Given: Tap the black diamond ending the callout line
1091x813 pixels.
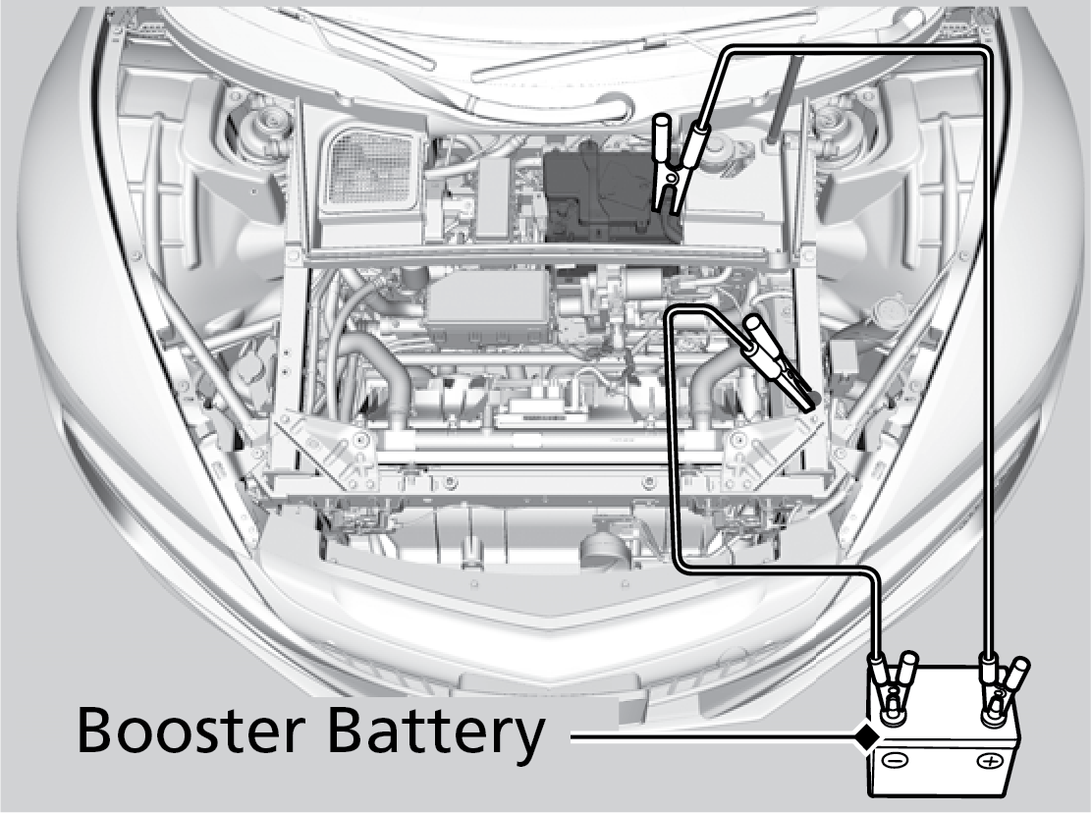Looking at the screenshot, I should (865, 732).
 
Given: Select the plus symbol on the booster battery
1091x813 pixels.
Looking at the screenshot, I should (989, 760).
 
